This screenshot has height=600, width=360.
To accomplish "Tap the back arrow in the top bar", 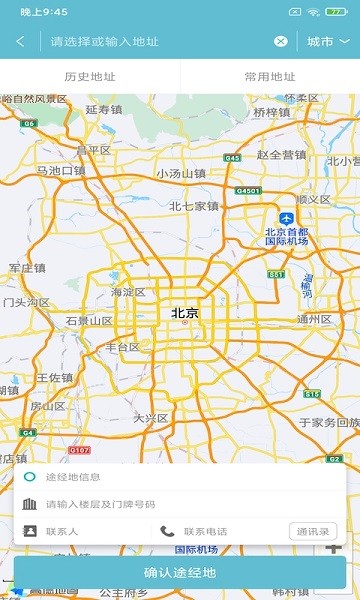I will pos(21,41).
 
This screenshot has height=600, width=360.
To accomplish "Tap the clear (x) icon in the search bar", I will pos(281,41).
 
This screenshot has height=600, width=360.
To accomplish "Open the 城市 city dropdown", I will pos(328,41).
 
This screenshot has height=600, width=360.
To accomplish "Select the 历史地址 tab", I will pos(90,76).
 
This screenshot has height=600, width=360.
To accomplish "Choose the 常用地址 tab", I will pos(270,76).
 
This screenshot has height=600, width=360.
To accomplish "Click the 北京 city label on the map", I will pos(185,314).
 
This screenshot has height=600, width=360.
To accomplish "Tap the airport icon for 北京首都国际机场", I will pos(287,219).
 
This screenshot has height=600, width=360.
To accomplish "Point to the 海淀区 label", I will pos(128,293).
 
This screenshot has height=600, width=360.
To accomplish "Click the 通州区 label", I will pos(314,320).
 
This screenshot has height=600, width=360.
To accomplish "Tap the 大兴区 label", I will pos(151,418).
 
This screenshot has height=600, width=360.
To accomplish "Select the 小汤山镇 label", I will pos(181,174).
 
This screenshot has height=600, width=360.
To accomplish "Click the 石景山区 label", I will pos(88,321).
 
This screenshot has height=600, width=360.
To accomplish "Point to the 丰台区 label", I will pos(123,348).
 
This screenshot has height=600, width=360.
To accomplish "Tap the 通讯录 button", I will pos(311,531).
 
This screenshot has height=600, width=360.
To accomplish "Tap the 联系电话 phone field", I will pos(220,531).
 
